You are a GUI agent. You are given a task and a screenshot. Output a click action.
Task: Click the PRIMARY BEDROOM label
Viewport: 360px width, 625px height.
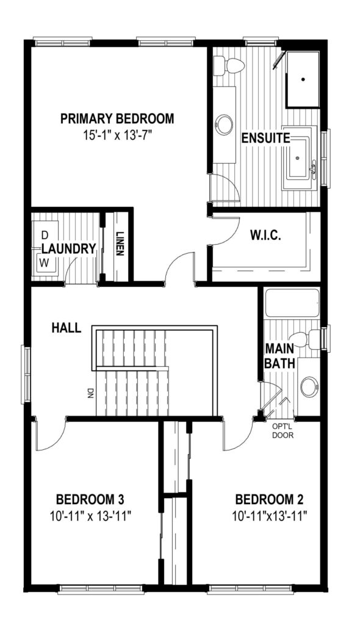click(117, 119)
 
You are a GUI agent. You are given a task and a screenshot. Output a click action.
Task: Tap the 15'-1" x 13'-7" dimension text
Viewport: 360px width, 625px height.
click(118, 135)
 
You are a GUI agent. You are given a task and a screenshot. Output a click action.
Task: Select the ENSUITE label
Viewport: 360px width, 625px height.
click(266, 139)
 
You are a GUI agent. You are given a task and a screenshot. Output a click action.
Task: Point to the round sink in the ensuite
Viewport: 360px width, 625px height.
click(225, 125)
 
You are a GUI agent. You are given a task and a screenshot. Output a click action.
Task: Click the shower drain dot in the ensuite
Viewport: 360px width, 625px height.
click(303, 80)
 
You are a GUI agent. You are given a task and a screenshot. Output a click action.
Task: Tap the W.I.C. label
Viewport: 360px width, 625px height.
click(265, 235)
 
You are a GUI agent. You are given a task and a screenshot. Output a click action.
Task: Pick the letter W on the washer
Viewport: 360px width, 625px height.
click(44, 262)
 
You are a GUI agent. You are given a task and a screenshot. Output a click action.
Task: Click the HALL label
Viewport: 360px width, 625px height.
click(67, 328)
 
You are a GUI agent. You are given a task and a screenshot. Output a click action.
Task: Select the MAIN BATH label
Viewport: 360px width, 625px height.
click(280, 356)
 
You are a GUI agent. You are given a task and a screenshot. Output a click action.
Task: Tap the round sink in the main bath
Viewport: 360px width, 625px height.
click(309, 386)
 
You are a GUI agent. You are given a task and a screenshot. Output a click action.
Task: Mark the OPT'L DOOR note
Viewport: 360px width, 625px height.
click(283, 431)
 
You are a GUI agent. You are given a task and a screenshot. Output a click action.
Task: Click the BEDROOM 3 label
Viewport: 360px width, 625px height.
click(90, 499)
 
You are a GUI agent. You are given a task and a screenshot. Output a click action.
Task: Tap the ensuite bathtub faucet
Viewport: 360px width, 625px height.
click(314, 168)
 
